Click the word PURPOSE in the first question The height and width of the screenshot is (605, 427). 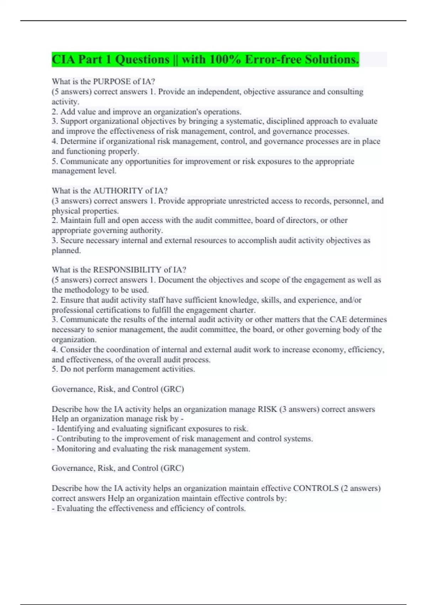111,81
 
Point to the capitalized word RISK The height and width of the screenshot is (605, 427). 267,409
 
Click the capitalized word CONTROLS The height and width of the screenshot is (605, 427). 316,488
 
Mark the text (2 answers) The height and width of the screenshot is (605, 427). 360,488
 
